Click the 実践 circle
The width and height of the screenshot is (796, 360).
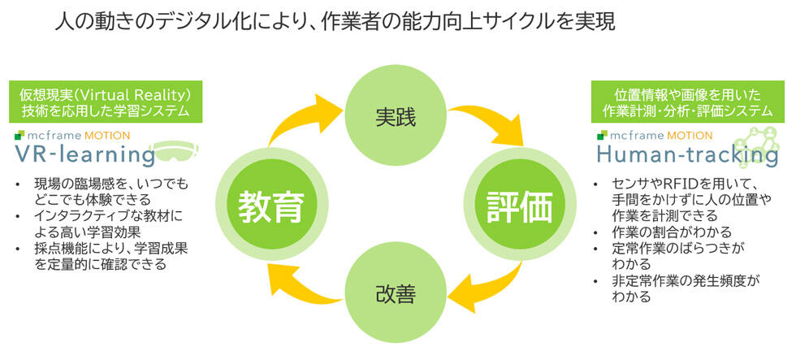tap(396, 118)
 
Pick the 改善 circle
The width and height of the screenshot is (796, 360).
tap(396, 293)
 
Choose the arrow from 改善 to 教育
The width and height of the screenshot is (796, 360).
tap(301, 284)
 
